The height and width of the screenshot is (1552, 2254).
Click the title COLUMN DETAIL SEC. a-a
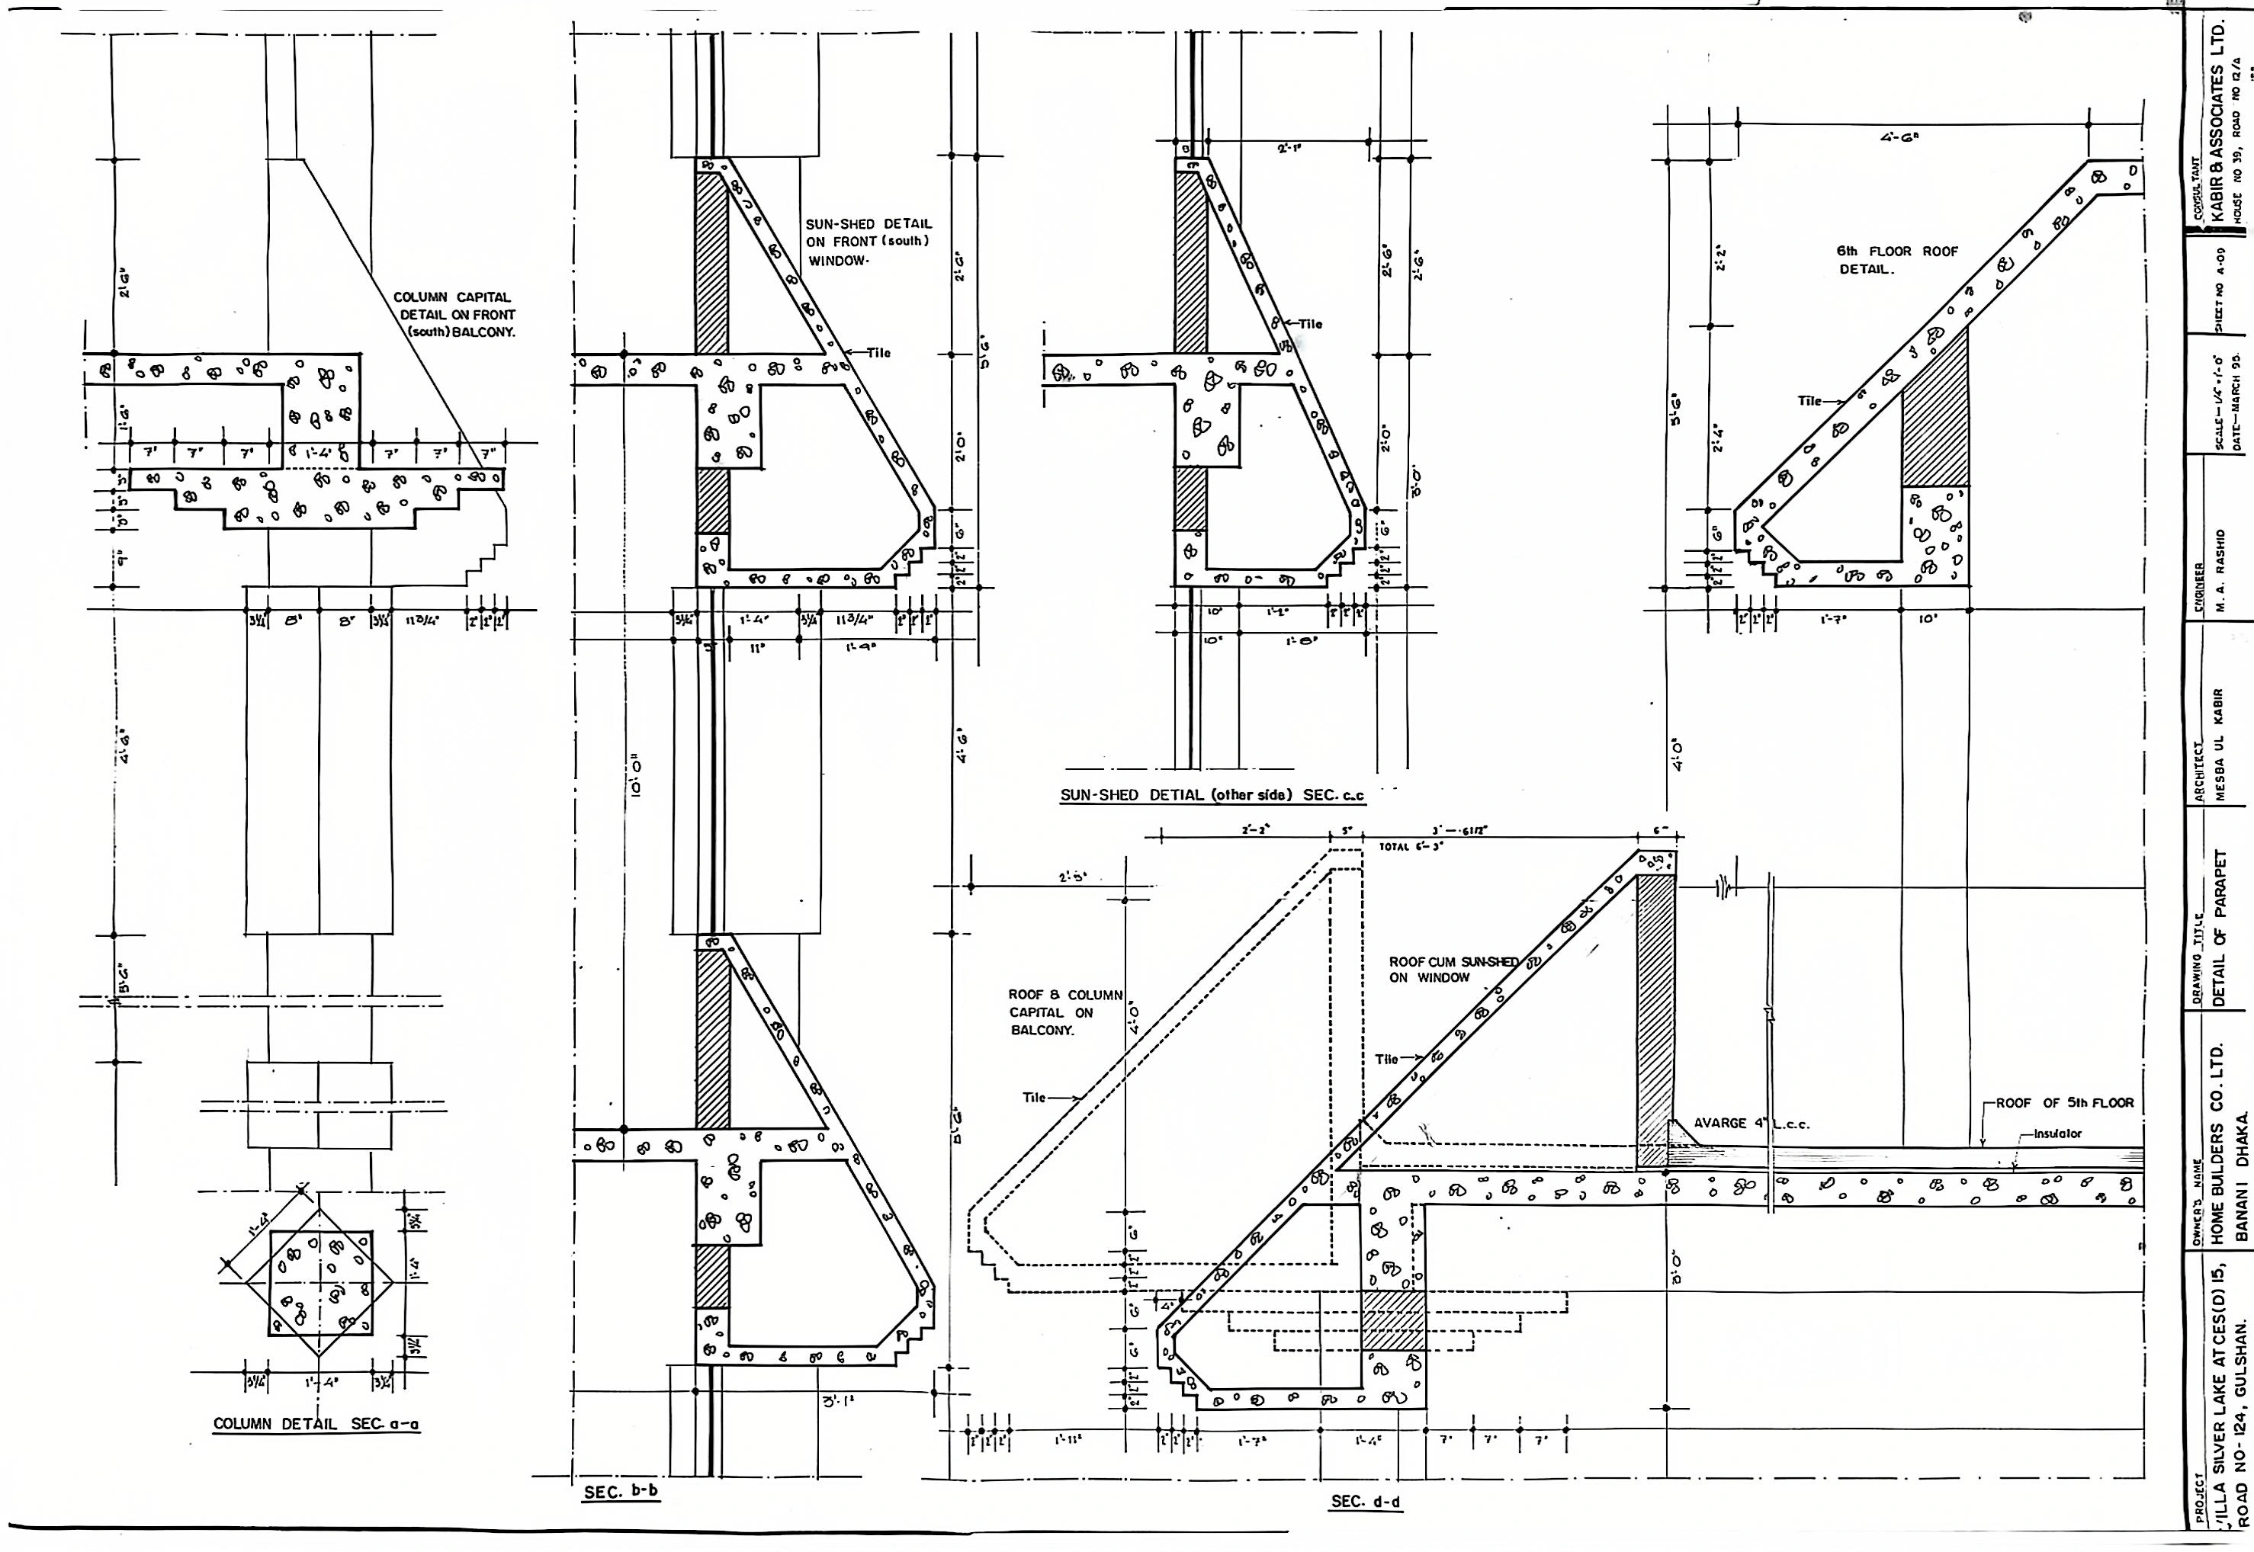pos(316,1424)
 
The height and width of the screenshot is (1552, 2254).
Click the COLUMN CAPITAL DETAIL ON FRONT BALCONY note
pos(456,314)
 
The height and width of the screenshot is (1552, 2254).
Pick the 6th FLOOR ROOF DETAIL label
pos(1896,260)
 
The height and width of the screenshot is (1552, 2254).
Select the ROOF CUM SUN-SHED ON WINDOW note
pos(1453,970)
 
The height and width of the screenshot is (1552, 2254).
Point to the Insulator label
pos(2057,1134)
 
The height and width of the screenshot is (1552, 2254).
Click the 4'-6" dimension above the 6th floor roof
pos(1900,138)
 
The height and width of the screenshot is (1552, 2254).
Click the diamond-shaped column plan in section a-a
pos(320,1283)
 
